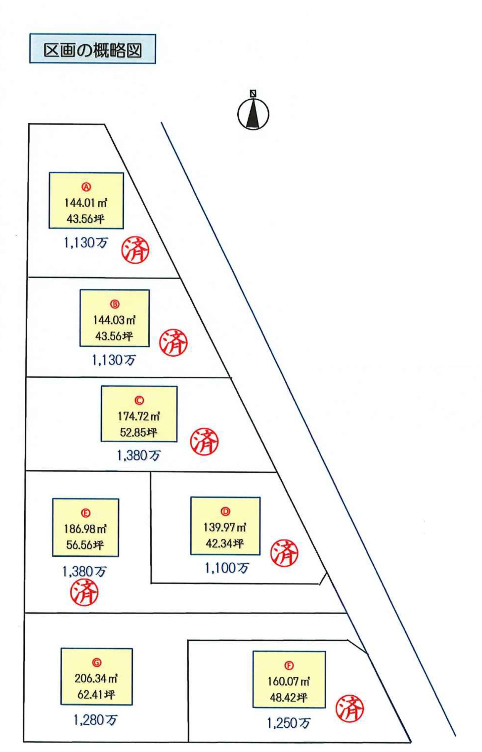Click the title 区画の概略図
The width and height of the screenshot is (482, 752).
coord(92,49)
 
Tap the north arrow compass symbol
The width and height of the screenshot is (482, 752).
coord(253,113)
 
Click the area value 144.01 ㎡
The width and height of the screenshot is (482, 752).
coord(86,203)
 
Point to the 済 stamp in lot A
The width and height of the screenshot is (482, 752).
coord(135,250)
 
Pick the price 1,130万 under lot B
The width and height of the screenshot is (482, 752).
coord(114,360)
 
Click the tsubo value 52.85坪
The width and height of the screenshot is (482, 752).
coord(138,432)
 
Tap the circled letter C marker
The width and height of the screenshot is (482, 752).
coord(139,400)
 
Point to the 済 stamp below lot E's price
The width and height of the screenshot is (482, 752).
coord(84,592)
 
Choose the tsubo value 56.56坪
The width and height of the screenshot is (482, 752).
coord(85,545)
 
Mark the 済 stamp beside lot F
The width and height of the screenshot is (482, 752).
coord(350,709)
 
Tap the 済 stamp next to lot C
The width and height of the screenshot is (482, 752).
coord(204,442)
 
